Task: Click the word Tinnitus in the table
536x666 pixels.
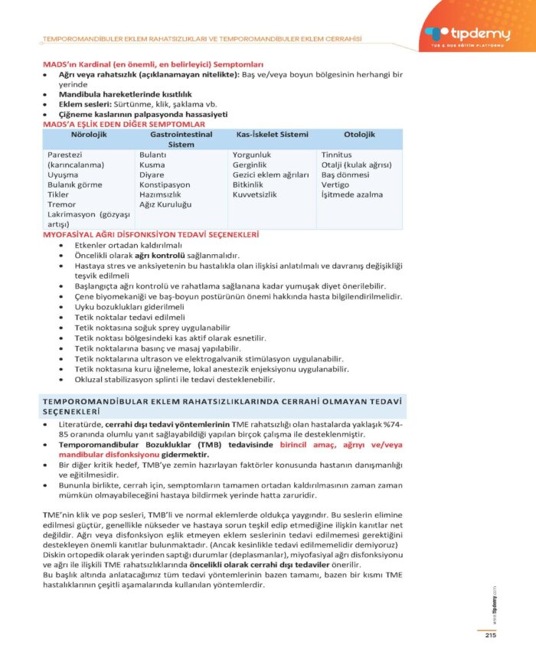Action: point(337,155)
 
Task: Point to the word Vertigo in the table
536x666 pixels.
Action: point(335,184)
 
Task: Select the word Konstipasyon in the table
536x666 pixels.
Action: point(165,184)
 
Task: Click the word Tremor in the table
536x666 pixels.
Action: point(61,204)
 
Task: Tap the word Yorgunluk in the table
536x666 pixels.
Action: point(252,155)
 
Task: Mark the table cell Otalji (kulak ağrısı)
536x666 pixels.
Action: point(356,165)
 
